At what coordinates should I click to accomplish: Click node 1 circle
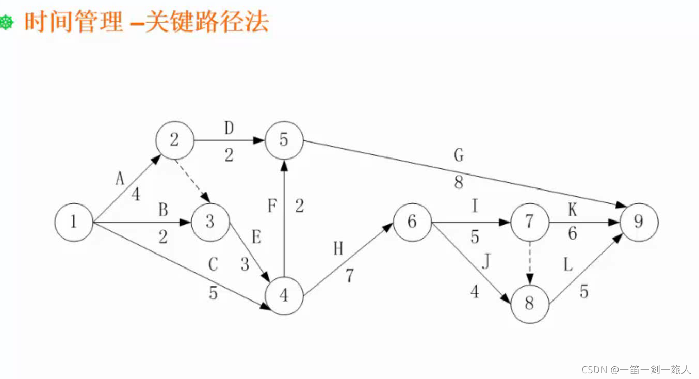pos(74,223)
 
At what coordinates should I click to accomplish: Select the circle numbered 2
pos(174,140)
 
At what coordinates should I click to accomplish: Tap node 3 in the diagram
pos(209,223)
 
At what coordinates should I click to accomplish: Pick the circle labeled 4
pos(284,295)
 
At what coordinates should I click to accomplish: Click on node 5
pos(284,140)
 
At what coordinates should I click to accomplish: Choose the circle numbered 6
pos(412,222)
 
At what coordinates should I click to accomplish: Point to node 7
pos(529,222)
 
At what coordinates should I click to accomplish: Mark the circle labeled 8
pos(529,304)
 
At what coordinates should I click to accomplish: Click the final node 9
pos(639,222)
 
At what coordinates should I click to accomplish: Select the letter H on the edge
pos(338,249)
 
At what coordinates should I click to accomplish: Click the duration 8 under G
pos(459,183)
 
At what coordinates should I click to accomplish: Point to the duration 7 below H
pos(350,276)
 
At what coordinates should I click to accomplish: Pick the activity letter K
pos(572,210)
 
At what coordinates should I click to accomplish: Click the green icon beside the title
pos(6,23)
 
